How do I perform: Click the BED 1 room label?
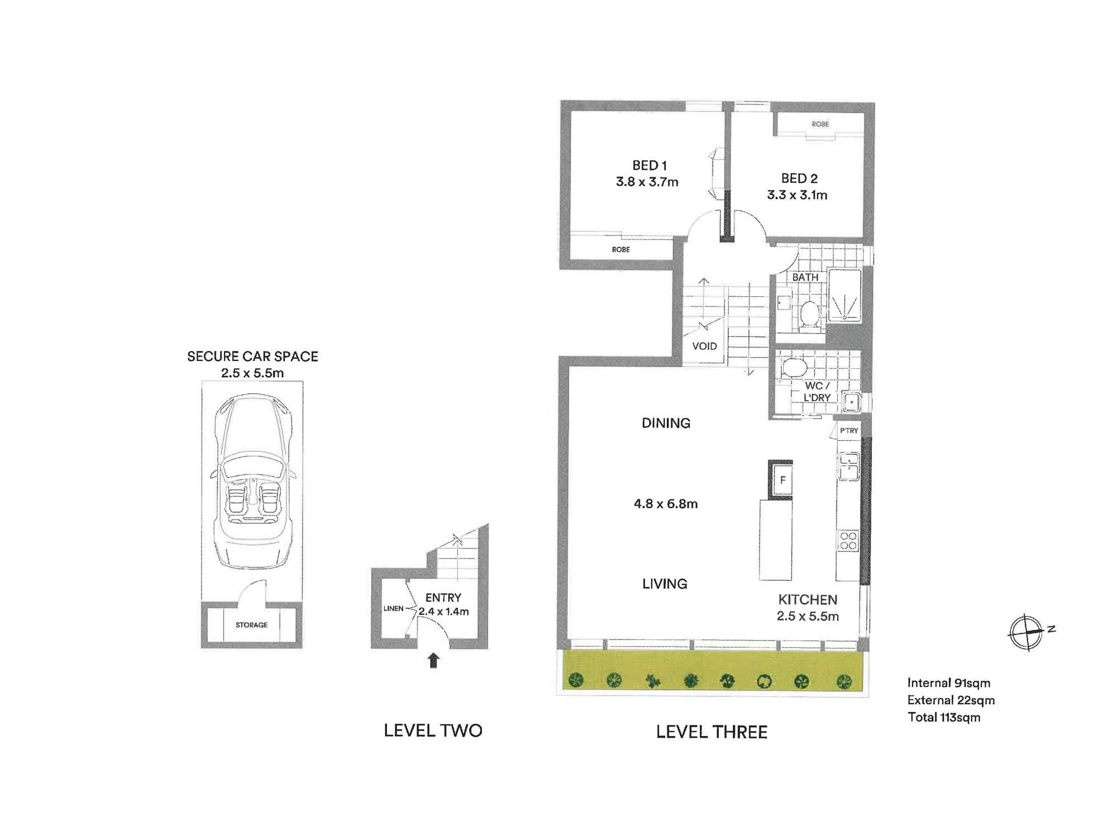point(649,165)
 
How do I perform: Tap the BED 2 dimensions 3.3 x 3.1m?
point(797,195)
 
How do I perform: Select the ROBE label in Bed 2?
point(820,124)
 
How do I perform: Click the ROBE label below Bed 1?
point(620,249)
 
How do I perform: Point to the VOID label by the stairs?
point(704,346)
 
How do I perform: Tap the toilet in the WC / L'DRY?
point(794,368)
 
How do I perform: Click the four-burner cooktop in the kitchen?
point(848,541)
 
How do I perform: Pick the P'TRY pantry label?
point(849,430)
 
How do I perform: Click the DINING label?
point(666,423)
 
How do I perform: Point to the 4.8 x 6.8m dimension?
point(665,504)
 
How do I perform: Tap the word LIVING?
point(665,584)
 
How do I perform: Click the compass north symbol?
point(1027,632)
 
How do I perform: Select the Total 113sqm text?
point(944,718)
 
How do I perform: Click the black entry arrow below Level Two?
point(433,661)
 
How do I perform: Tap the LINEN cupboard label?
point(393,608)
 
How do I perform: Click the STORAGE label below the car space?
point(251,625)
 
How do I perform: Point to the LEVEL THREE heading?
point(712,732)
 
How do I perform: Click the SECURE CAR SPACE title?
point(252,357)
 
